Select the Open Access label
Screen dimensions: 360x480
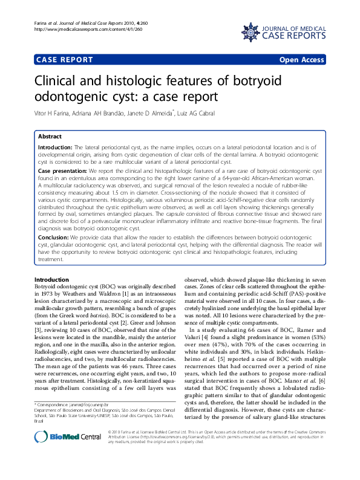click(x=302, y=60)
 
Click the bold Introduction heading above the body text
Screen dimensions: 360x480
click(x=51, y=280)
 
